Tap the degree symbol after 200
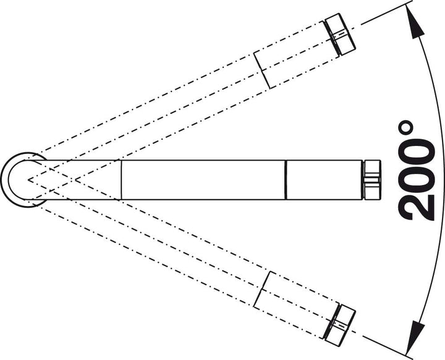coord(406,129)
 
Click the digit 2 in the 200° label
coord(417,208)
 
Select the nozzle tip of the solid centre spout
coord(371,179)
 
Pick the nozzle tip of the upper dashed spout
coord(339,35)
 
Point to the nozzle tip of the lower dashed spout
coord(339,325)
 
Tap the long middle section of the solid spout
coord(203,179)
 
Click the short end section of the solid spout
coord(324,179)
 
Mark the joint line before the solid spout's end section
coord(286,179)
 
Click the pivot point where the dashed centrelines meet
coord(28,179)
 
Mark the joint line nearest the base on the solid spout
coord(121,179)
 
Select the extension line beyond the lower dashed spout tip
coord(386,346)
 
